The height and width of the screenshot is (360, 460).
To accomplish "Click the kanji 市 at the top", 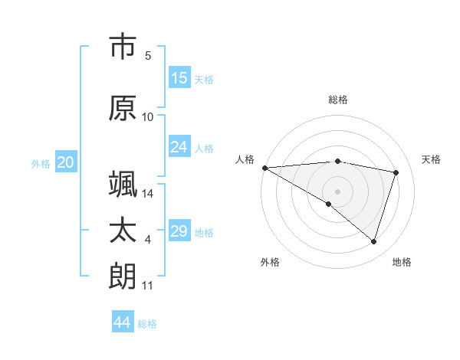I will (x=123, y=47).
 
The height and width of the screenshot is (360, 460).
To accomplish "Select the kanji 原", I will (x=123, y=108).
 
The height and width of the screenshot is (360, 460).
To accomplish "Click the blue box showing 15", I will (x=179, y=78).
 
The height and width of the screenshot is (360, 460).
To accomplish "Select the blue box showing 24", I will (x=179, y=147).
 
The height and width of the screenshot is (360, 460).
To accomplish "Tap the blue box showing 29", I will (x=179, y=231).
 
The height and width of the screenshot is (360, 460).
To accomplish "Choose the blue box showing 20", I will (x=66, y=162).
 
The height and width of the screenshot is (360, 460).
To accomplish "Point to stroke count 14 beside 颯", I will (x=148, y=194).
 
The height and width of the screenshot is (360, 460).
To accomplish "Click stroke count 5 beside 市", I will (x=148, y=56).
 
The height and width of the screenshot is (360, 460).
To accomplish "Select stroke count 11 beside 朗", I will (x=148, y=286).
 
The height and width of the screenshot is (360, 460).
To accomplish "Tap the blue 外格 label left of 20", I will (x=40, y=164).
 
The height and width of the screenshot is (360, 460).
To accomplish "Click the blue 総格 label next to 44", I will (x=147, y=324).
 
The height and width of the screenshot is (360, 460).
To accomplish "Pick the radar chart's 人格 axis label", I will (x=245, y=159).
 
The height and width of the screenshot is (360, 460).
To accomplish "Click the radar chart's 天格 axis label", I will (x=432, y=159).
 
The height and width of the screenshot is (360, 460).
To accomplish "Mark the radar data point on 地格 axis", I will (x=373, y=241).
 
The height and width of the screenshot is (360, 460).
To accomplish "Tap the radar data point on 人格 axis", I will (x=264, y=168).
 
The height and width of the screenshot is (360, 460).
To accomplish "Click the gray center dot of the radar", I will (x=337, y=190).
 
